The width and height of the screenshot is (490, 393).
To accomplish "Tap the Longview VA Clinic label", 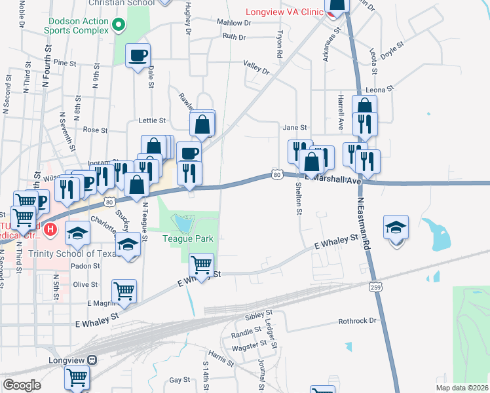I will coord(285,12).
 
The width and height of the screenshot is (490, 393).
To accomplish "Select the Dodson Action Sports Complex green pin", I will coord(119,26).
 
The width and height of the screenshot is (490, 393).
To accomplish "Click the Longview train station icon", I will coord(92,360).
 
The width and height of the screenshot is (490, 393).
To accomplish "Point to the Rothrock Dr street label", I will coord(358,321).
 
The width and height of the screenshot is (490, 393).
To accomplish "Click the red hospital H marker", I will coord(52,230).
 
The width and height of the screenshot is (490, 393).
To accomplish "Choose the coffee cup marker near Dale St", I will coord(138,56).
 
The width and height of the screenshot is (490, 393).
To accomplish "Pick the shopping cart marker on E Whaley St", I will coord(201,265).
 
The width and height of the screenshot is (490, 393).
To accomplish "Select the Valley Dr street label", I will coord(256,67).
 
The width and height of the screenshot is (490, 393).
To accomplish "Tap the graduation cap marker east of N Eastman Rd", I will coord(396,228).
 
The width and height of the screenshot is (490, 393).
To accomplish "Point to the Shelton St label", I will coord(299,198).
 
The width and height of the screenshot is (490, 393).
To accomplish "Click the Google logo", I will coord(22,385).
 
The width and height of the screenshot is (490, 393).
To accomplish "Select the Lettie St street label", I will coord(153,121).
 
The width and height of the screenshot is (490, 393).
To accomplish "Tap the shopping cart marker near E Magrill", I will coord(124,291).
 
